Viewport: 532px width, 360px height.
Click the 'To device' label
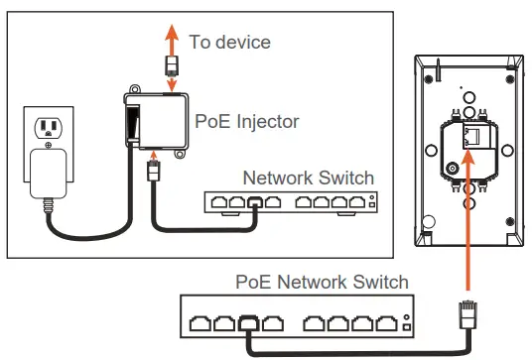click(230, 43)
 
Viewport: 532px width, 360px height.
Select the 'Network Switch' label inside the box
click(309, 179)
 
